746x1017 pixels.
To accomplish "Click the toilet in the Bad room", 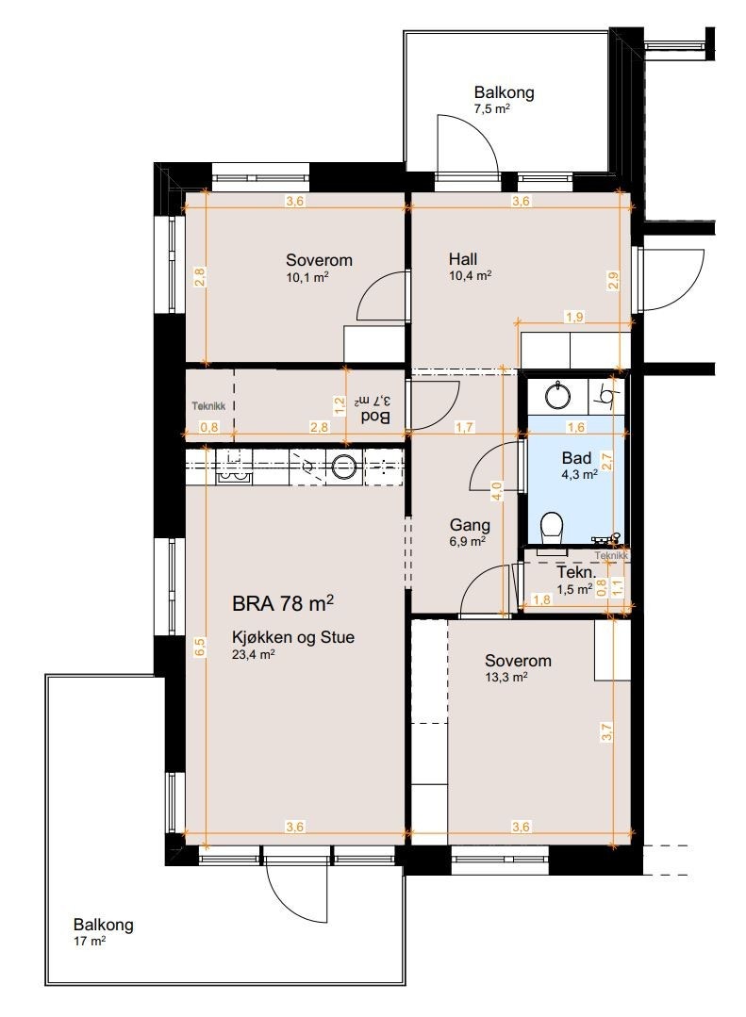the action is [552, 530].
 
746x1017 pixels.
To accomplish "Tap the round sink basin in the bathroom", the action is [557, 396].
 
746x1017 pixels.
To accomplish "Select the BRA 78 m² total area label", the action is [283, 603].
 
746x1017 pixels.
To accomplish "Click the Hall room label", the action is [463, 259].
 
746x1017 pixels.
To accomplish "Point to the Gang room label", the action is [470, 525].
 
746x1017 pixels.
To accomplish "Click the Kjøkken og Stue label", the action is [293, 637].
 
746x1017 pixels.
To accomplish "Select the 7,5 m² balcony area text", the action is [491, 109].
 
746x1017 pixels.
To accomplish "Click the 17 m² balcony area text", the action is [90, 941].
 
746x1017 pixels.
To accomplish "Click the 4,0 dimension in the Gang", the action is [497, 490].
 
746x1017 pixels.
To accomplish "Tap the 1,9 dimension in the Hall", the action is [574, 317].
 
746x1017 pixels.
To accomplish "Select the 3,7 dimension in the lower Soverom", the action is [607, 732].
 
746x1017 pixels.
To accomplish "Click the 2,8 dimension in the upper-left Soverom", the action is [200, 278].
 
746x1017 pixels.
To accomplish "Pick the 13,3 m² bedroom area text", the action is [506, 677].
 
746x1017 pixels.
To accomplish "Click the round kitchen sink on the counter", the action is [344, 465].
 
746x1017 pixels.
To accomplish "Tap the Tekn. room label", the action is [576, 573].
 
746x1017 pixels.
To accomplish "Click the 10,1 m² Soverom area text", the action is [307, 277].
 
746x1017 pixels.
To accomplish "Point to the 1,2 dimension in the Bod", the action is [339, 405].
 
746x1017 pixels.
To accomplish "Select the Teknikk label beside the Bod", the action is [208, 406].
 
